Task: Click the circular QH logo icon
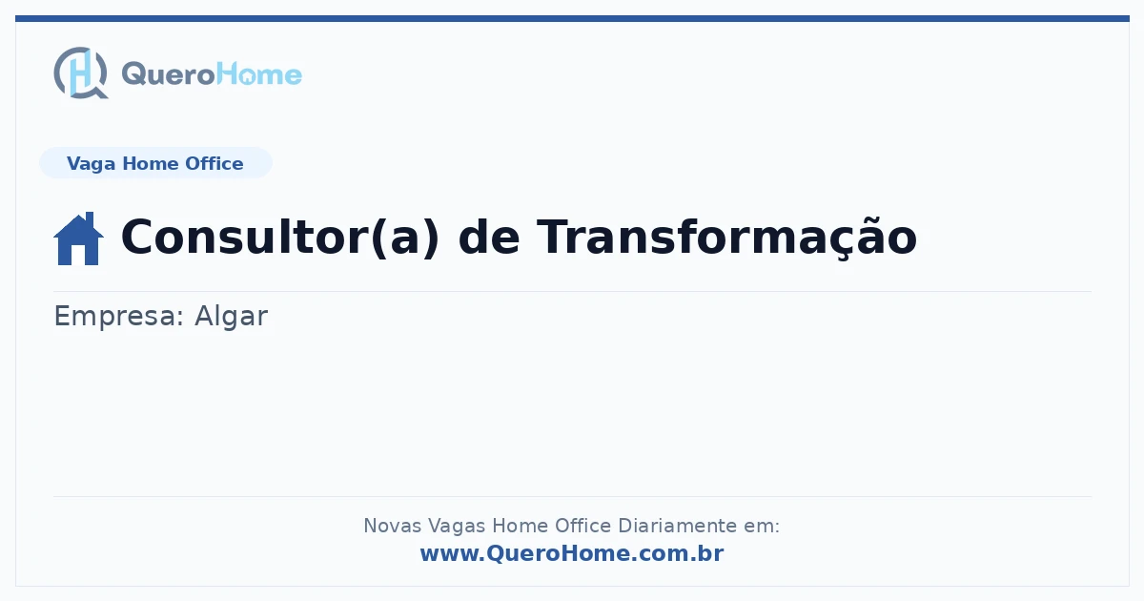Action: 81,73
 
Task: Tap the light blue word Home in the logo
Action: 259,74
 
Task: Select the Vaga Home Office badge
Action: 155,163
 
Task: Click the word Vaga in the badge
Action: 91,164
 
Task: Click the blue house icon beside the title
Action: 78,238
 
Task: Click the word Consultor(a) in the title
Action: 280,238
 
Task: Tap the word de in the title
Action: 489,238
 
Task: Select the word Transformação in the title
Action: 726,238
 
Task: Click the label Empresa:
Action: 118,317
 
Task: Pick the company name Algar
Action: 231,316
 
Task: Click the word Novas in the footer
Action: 392,526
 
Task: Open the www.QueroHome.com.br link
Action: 572,553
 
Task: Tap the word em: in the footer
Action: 762,527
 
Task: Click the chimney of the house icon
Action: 90,218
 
